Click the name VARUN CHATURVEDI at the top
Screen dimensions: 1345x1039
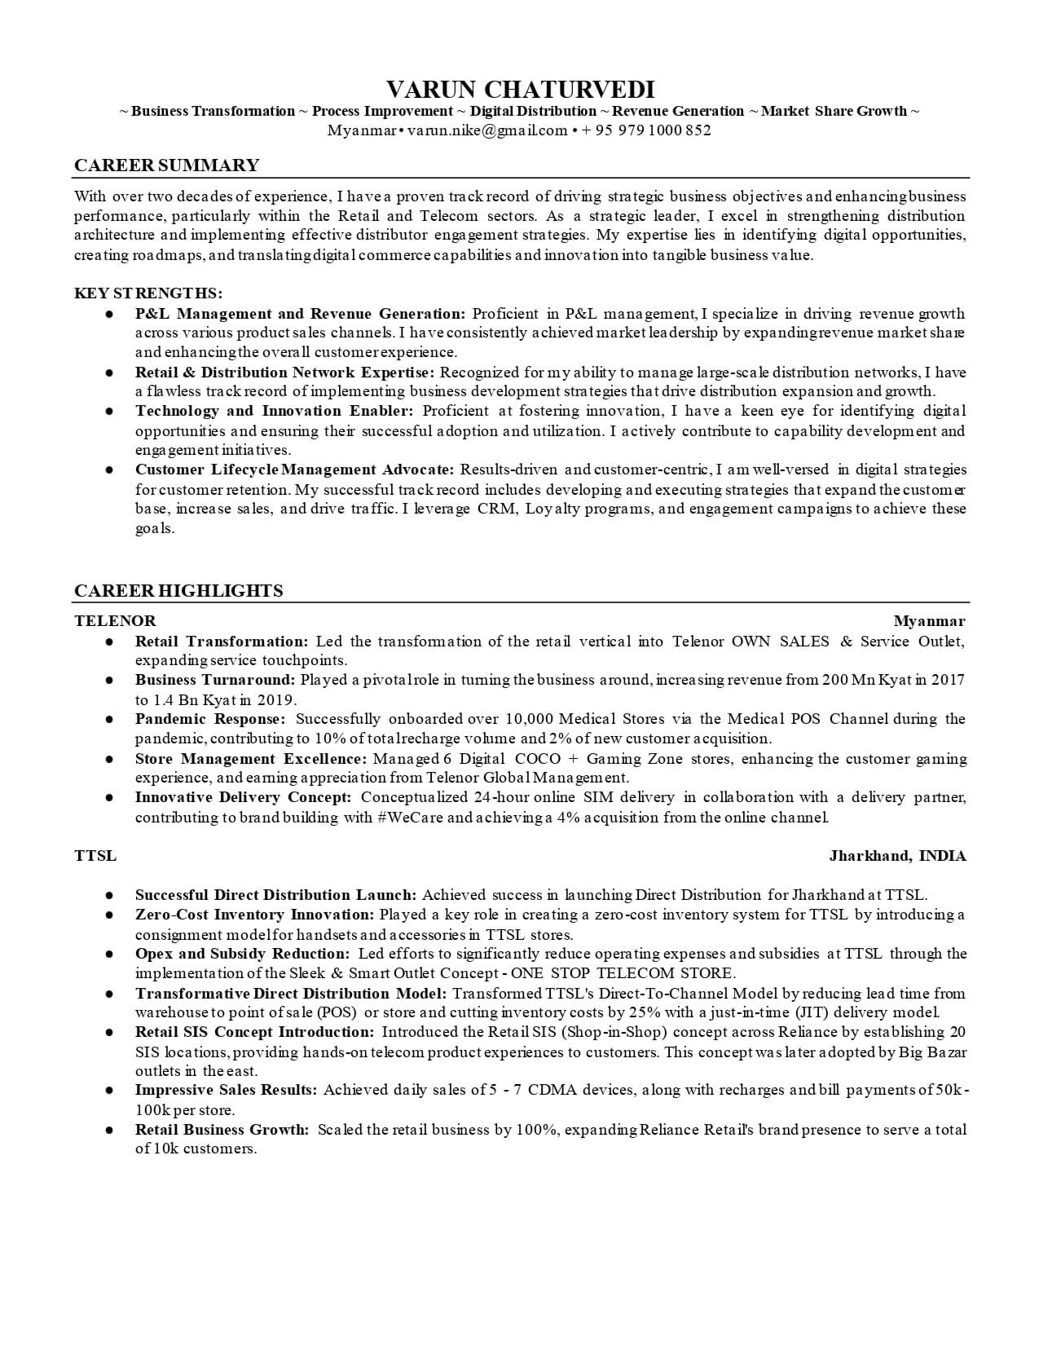click(519, 89)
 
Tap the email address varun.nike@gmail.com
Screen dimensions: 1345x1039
click(487, 130)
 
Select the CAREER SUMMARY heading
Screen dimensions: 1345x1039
click(166, 165)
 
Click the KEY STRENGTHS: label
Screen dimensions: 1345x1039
click(148, 293)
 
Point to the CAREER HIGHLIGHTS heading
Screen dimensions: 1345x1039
click(178, 591)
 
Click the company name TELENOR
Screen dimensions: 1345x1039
click(115, 621)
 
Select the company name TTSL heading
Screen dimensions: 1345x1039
click(95, 856)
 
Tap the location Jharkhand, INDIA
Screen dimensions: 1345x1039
click(897, 856)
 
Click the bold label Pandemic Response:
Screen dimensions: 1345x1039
click(210, 719)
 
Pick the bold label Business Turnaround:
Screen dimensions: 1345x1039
click(214, 680)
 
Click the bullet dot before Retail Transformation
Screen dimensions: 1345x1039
click(108, 642)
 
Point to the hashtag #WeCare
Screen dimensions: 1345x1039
click(411, 817)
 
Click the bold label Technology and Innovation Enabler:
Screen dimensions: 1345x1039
click(275, 411)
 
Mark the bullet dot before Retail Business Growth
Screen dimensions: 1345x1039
click(108, 1131)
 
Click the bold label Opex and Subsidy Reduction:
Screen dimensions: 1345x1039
click(242, 954)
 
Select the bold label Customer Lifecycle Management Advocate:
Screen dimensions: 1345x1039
click(294, 470)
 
